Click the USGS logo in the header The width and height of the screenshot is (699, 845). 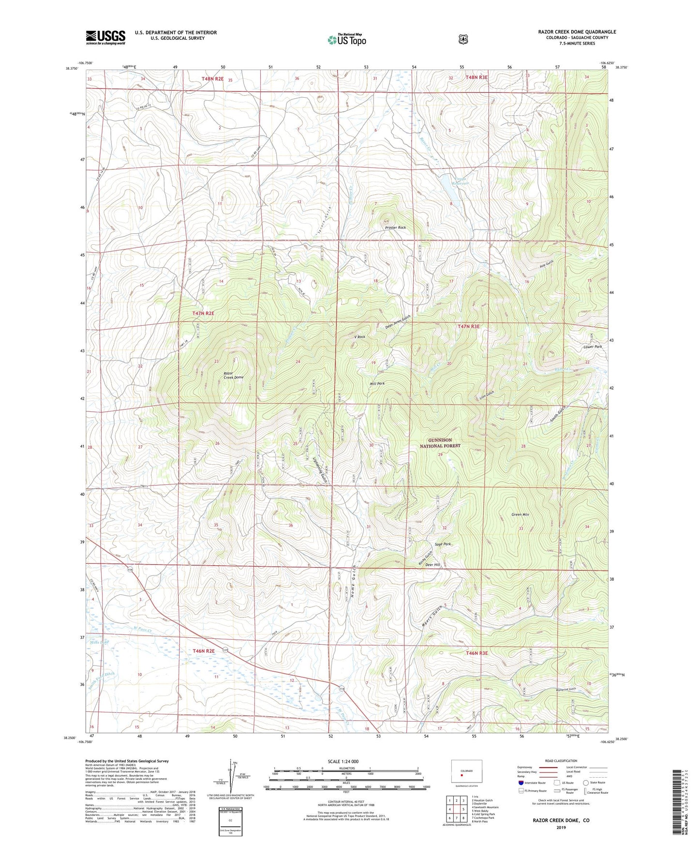[x=105, y=37]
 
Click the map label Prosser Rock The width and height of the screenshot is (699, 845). [x=395, y=227]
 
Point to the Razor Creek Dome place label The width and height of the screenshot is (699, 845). [x=233, y=375]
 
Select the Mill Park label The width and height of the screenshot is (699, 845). [x=377, y=383]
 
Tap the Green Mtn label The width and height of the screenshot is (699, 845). [x=521, y=514]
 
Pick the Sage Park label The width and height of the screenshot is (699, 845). [x=443, y=544]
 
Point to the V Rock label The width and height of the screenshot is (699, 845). [x=359, y=337]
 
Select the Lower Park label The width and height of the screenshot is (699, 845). [x=593, y=347]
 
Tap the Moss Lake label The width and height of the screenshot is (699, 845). [x=99, y=642]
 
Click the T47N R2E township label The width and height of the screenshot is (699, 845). [x=203, y=314]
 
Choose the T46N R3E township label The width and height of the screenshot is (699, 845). [x=476, y=653]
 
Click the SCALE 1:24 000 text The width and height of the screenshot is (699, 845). [x=343, y=762]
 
